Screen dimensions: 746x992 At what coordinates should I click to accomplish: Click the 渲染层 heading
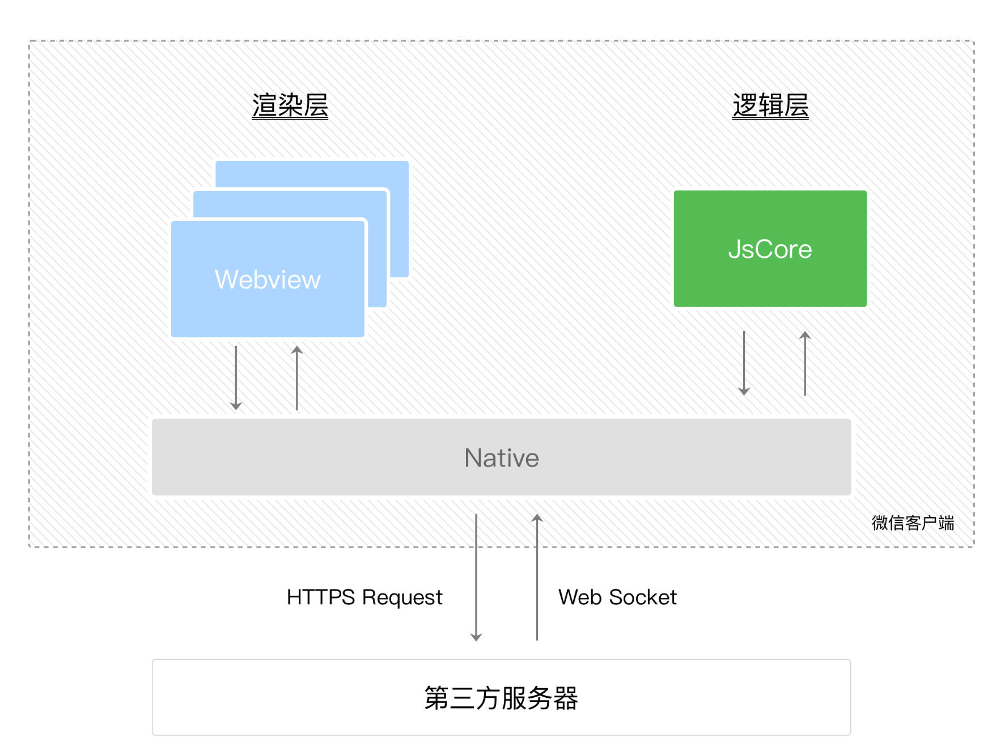click(x=290, y=105)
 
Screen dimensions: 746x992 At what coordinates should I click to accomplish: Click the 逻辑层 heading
click(x=770, y=105)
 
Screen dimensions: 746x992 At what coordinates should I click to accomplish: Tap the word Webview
click(x=268, y=279)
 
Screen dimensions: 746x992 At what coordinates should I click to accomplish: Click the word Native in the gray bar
click(x=501, y=457)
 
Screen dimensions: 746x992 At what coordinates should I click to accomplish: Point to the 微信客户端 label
click(x=913, y=523)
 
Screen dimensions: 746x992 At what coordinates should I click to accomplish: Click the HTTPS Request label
click(x=364, y=597)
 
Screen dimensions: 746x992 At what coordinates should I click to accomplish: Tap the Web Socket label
click(x=617, y=597)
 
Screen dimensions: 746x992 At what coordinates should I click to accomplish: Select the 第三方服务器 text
click(x=501, y=698)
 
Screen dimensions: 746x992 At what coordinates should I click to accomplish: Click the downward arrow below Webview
click(x=236, y=378)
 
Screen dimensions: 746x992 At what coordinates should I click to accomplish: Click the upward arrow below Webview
click(x=296, y=378)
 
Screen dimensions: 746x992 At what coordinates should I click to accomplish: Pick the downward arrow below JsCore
click(x=744, y=363)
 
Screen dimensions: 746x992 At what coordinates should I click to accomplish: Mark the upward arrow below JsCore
click(x=805, y=363)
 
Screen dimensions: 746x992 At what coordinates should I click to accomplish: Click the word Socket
click(x=643, y=597)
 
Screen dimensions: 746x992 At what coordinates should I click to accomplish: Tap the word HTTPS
click(x=321, y=597)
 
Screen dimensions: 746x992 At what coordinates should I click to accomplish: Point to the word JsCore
click(x=770, y=249)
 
